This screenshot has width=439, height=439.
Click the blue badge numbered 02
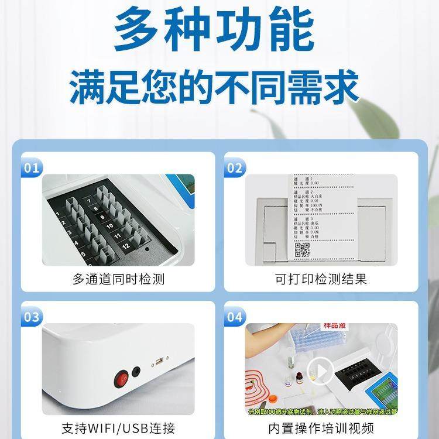tap(235, 169)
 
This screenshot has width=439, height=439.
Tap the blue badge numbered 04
tap(235, 317)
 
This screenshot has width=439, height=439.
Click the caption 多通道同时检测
tap(118, 279)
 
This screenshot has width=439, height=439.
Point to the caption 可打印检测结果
tap(321, 279)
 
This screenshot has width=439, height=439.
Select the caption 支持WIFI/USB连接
tap(118, 428)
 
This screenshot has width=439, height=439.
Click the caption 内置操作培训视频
tap(321, 428)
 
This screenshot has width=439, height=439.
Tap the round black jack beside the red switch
tap(136, 371)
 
